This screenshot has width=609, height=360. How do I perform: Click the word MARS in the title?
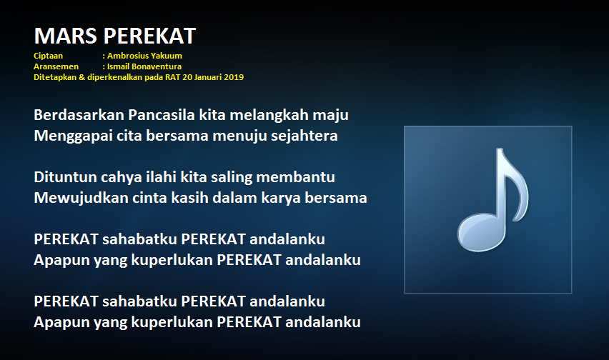(65, 36)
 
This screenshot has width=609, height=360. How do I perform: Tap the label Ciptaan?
(48, 56)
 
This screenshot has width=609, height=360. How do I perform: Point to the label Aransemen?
(56, 66)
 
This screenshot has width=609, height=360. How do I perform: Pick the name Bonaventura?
(157, 66)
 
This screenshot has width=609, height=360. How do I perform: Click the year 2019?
(234, 77)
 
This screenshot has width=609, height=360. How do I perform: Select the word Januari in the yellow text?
(208, 77)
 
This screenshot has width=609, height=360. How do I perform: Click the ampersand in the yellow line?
(82, 77)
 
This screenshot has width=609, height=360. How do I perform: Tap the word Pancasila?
(162, 115)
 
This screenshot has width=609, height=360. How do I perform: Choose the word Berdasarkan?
(79, 115)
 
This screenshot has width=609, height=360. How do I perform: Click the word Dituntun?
(65, 177)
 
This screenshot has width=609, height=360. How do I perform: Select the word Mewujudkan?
(81, 199)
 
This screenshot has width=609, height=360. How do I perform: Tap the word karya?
(281, 199)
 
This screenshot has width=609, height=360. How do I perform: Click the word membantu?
(296, 177)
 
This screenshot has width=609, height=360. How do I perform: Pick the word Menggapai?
(74, 136)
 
